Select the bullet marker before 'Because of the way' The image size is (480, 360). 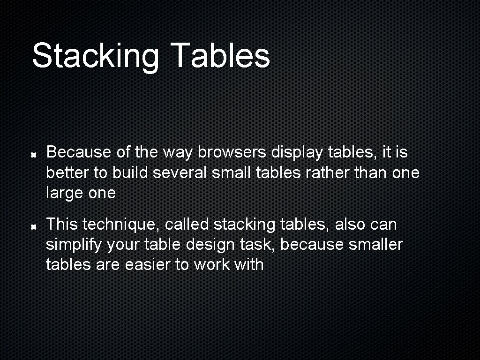[34, 154]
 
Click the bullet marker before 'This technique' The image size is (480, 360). [34, 226]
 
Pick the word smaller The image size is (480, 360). [375, 245]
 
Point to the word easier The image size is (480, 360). [148, 265]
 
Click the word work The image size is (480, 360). [211, 265]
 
